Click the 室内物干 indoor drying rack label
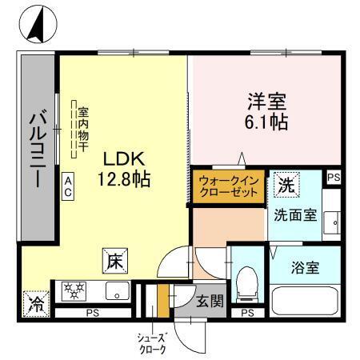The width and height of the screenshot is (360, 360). (x=82, y=128)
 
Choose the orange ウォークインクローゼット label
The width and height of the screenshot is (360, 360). (x=228, y=186)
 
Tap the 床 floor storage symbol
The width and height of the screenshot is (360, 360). (x=114, y=260)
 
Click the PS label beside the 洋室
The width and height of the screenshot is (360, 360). (x=334, y=177)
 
